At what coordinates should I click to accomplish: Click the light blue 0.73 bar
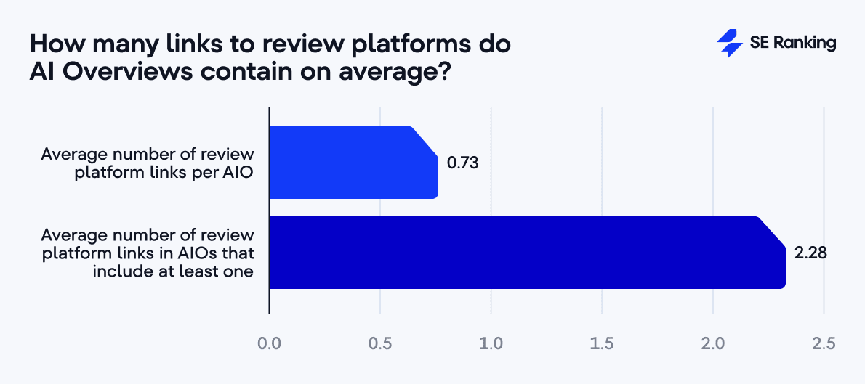tap(353, 163)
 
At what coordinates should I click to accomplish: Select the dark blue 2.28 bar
tap(527, 253)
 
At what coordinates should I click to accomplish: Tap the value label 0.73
tap(463, 163)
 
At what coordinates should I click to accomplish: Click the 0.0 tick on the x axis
tap(270, 342)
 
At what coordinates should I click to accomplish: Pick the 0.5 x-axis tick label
tap(380, 342)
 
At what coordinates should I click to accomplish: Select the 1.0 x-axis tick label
tap(491, 342)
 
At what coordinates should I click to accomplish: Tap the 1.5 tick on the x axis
tap(602, 342)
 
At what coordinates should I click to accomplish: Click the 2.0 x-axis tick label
tap(713, 342)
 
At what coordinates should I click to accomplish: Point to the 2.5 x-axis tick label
tap(824, 342)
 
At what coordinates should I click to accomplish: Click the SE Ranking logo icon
tap(729, 44)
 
